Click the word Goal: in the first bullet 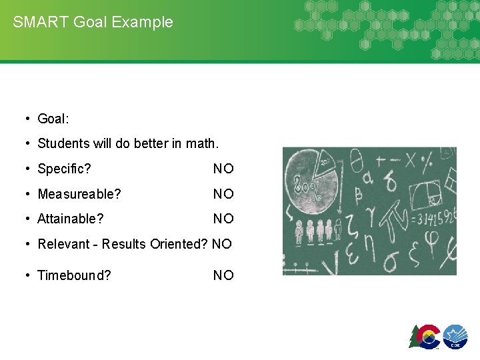tap(53, 119)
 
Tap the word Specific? tap(64, 169)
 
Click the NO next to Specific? tap(223, 169)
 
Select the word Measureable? tap(79, 194)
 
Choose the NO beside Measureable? tap(223, 194)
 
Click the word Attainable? tap(71, 219)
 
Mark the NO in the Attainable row tap(223, 219)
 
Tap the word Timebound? tap(74, 275)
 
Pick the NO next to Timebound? tap(223, 275)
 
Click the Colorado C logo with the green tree tap(425, 335)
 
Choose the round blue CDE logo tap(455, 335)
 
